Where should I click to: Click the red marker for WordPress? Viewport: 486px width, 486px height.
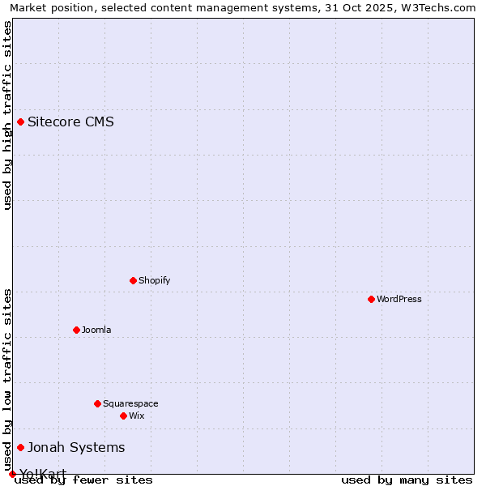coord(371,299)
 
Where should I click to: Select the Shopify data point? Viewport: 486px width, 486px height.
coord(133,280)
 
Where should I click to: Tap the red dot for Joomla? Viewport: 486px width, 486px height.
coord(76,330)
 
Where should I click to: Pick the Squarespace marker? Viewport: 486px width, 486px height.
coord(97,403)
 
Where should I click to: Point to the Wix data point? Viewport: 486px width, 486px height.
coord(123,416)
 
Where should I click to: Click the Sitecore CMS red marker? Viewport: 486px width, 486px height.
coord(20,122)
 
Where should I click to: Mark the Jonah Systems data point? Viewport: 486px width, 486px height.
coord(20,447)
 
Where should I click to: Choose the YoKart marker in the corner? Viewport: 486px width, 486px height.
coord(12,474)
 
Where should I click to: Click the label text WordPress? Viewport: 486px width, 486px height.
coord(399,299)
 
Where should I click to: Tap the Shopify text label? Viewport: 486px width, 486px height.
coord(154,280)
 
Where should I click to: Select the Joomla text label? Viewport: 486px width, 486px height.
coord(96,330)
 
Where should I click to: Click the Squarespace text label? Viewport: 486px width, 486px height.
coord(130,403)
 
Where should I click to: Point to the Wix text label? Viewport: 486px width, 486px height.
coord(136,416)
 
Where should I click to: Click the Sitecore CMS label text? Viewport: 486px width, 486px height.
coord(70,122)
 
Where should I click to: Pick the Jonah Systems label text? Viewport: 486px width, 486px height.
coord(76,447)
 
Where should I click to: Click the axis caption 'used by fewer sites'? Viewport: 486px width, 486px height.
coord(84,480)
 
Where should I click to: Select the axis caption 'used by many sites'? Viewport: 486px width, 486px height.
coord(407,480)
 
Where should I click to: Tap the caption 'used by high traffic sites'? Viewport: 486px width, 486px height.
coord(7,115)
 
